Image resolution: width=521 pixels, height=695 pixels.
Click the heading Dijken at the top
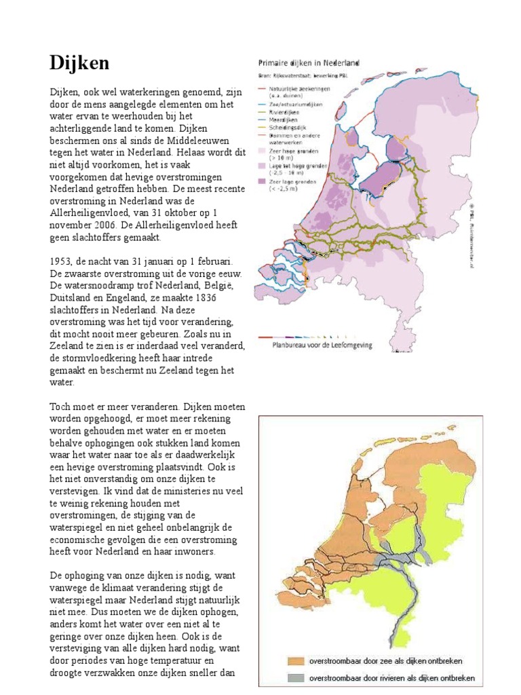(x=79, y=64)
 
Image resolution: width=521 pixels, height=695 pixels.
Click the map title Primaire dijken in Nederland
(x=307, y=62)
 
